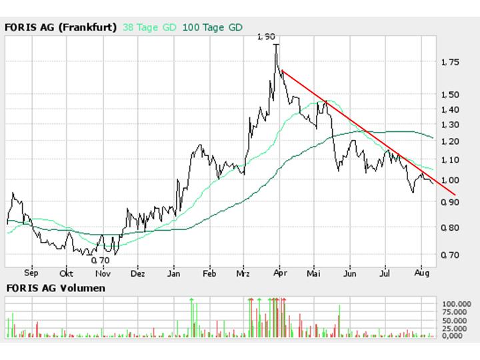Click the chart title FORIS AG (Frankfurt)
point(61,27)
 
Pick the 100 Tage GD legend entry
point(212,27)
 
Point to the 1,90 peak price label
point(265,37)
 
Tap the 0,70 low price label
point(100,260)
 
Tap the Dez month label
point(138,273)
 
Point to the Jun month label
point(350,273)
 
